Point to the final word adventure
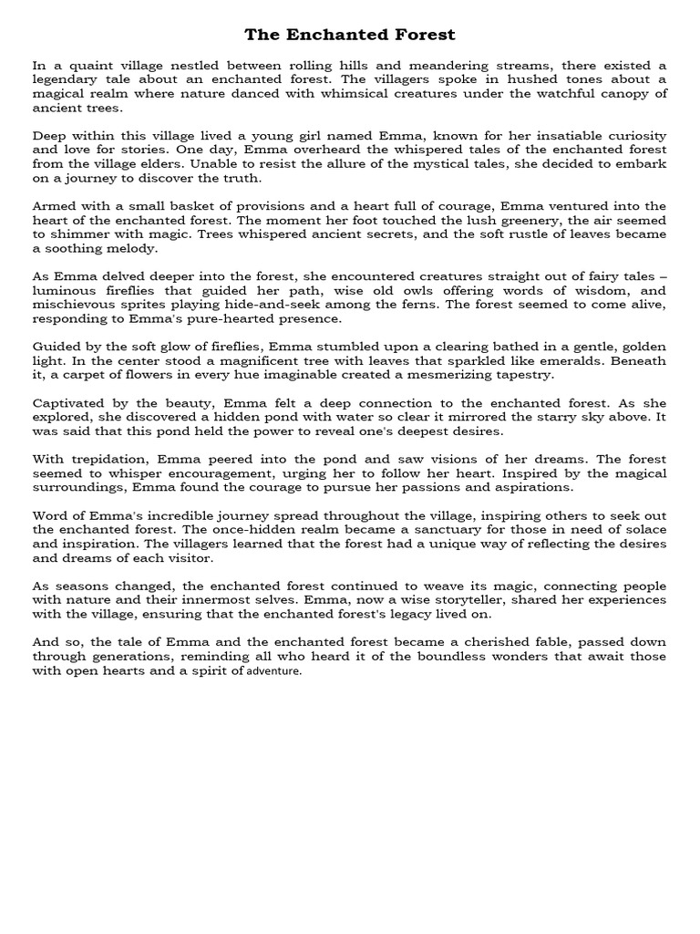click(x=273, y=670)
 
